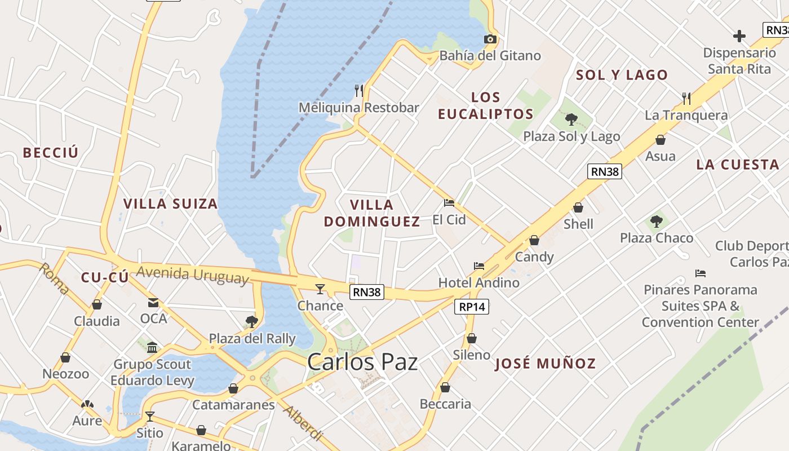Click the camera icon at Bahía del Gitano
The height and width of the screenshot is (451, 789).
coord(490,39)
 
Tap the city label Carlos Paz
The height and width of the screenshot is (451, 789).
coord(362,362)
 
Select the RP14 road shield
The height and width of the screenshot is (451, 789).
coord(472,307)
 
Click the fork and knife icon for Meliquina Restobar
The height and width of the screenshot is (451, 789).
coord(358,90)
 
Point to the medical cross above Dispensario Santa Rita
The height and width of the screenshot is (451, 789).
coord(739,37)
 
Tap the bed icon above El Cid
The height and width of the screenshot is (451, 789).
coord(449,202)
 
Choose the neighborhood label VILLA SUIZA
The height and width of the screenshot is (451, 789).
coord(170,204)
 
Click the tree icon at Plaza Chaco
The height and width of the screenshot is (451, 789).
coord(656,221)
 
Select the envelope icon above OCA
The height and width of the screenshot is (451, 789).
coord(153,303)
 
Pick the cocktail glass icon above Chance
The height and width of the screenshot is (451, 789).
coord(320,289)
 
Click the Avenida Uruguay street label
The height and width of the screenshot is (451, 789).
coord(192,274)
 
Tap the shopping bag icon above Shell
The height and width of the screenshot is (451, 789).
coord(578,207)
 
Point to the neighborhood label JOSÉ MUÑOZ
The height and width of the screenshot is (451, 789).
coord(545,364)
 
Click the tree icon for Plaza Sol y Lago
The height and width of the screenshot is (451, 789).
coord(571,119)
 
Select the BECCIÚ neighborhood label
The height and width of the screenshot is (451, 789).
coord(51,153)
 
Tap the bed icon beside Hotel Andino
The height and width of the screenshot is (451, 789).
coord(479,266)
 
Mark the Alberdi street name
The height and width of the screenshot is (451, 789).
coord(303,422)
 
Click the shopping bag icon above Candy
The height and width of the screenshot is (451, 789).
coord(534,241)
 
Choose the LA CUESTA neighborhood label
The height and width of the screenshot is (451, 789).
coord(737,165)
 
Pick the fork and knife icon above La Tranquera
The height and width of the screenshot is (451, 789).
coord(686,99)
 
